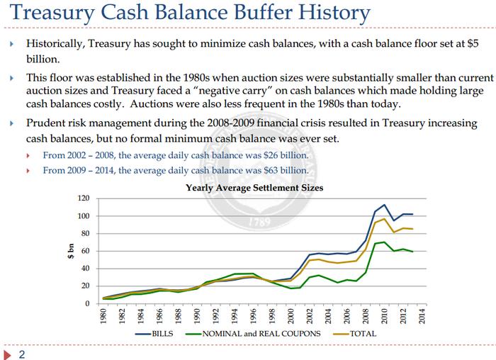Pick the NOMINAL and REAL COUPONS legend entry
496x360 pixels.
pyautogui.click(x=263, y=333)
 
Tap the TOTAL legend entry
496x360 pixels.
pyautogui.click(x=363, y=333)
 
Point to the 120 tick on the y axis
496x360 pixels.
pyautogui.click(x=84, y=198)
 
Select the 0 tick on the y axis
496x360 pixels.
pyautogui.click(x=88, y=303)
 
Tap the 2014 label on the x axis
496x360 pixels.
pyautogui.click(x=420, y=317)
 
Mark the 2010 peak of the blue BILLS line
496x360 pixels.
pyautogui.click(x=383, y=205)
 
